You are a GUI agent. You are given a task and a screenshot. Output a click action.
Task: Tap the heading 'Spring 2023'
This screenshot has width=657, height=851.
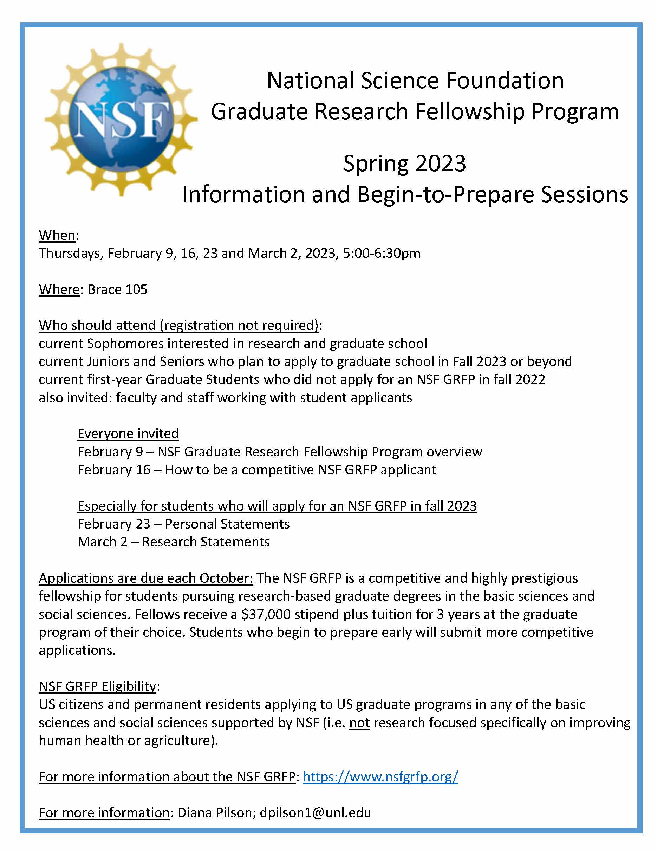tap(405, 164)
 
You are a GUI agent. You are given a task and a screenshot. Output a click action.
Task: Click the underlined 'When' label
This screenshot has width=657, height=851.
tap(57, 235)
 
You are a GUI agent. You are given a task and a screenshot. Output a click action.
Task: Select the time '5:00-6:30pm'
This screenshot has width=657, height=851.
tap(382, 253)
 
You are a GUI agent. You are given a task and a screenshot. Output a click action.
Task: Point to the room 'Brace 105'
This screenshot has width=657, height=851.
tap(118, 289)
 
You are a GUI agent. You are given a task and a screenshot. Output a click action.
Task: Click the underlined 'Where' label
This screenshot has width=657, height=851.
tap(59, 289)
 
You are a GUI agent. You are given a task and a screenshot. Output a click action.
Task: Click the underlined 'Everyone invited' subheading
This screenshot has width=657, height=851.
tap(128, 434)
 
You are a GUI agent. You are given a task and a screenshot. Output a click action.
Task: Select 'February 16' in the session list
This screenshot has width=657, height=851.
tap(113, 470)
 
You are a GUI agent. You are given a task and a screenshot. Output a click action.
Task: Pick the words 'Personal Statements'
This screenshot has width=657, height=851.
tap(227, 524)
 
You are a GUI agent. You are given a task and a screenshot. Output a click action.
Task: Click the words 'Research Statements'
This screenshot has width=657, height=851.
tap(206, 542)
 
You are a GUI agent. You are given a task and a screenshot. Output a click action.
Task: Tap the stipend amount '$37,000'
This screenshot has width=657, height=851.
tap(266, 614)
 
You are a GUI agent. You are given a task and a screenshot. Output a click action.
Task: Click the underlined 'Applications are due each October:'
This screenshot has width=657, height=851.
tap(146, 578)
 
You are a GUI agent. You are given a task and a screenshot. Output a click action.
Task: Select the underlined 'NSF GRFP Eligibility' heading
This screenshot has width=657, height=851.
tap(97, 686)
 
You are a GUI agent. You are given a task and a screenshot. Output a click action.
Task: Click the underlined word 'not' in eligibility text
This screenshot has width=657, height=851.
tap(359, 723)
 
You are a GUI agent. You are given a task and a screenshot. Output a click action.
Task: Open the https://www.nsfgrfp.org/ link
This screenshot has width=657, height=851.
tap(380, 777)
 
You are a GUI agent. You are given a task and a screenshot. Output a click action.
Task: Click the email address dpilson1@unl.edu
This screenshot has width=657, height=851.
tap(315, 813)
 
